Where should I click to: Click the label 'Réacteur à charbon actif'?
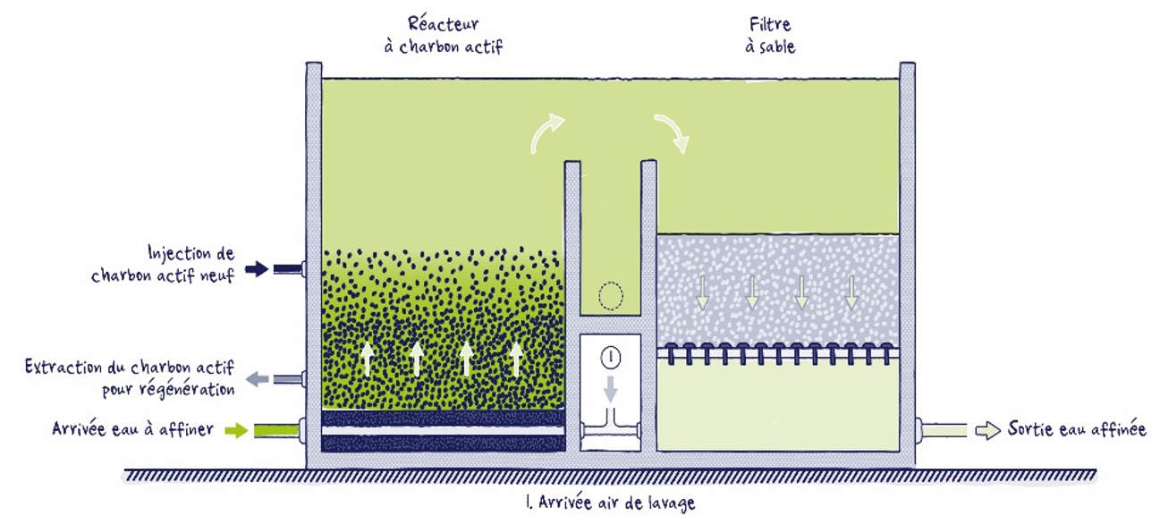point(444,35)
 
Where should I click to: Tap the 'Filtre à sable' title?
point(770,35)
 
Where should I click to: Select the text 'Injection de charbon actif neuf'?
point(163,264)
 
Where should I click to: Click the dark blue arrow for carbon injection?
point(257,268)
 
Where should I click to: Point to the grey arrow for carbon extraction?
point(257,379)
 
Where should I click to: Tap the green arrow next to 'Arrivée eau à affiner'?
point(236,430)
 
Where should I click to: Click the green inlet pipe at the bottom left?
point(276,431)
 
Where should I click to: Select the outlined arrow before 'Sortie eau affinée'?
point(987,431)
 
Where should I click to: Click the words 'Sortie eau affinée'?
point(1077,429)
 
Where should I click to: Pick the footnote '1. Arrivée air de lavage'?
point(610,502)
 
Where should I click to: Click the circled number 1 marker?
point(611,357)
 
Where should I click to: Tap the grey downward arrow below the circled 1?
point(611,389)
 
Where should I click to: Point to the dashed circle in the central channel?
point(611,296)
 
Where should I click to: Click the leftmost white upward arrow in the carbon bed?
point(368,359)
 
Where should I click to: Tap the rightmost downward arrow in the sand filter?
point(851,292)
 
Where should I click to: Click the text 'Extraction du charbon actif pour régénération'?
point(130,377)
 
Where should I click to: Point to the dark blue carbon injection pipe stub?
point(287,269)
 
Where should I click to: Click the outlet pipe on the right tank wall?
point(944,431)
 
